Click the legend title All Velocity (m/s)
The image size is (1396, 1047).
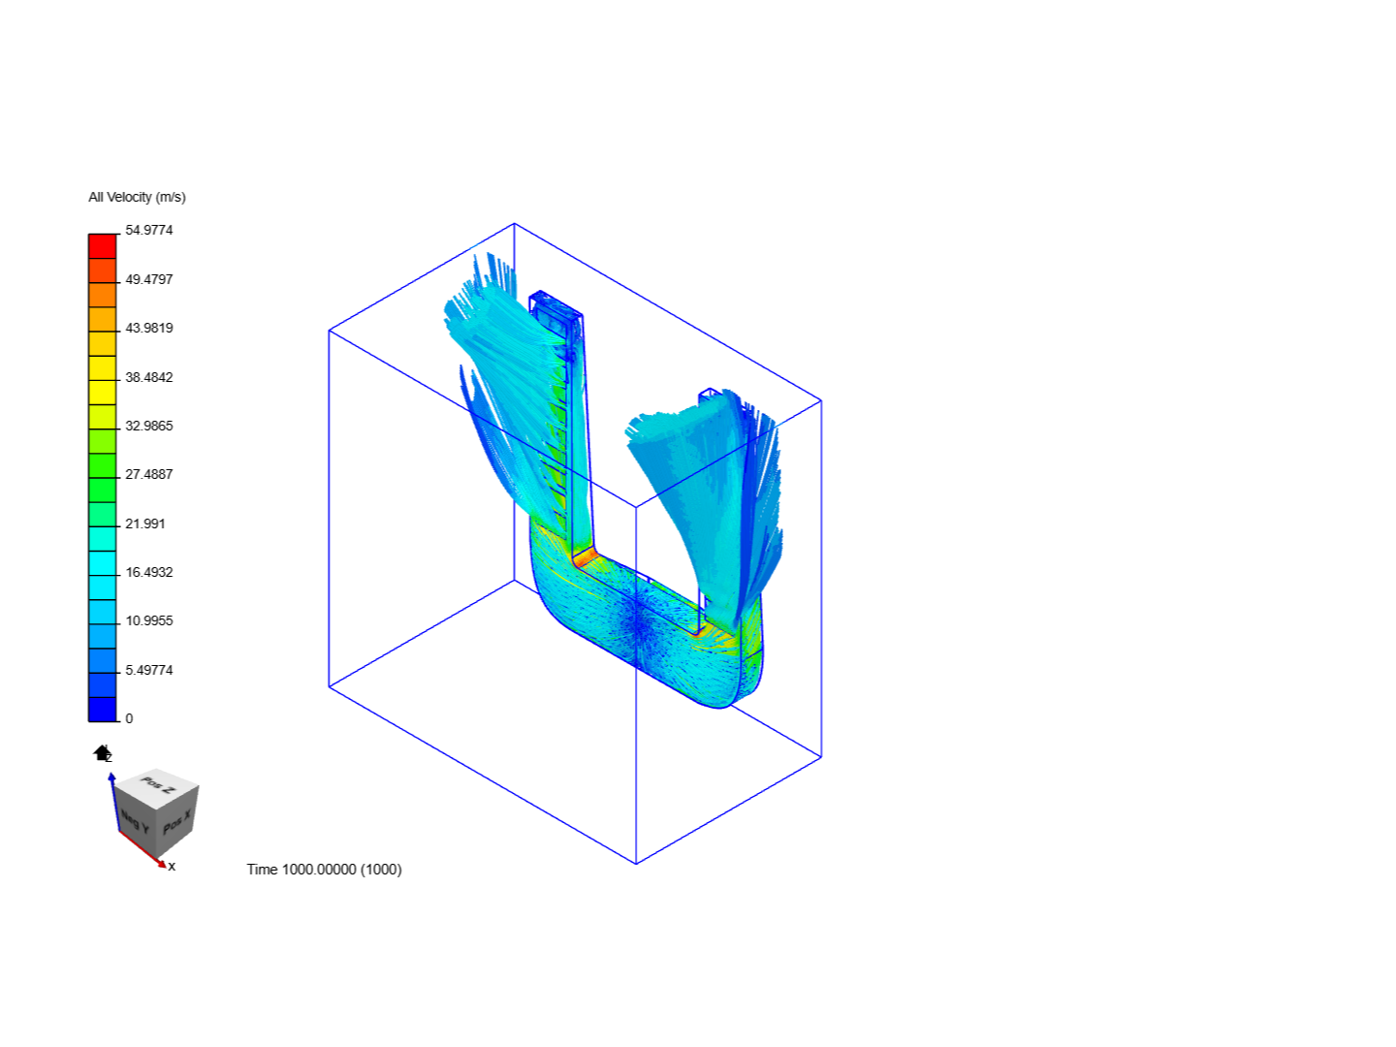tap(137, 197)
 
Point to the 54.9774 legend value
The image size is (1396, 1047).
tap(149, 230)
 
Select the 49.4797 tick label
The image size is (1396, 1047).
tap(149, 279)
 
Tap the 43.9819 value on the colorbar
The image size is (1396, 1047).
tap(149, 328)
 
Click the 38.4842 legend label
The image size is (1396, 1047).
tap(149, 377)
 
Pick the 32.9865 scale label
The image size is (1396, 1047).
tap(149, 426)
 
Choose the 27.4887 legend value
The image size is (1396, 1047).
tap(149, 474)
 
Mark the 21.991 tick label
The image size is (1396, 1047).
tap(145, 523)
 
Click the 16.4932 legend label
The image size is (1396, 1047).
tap(149, 572)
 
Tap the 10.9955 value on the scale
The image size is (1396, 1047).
tap(149, 620)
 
